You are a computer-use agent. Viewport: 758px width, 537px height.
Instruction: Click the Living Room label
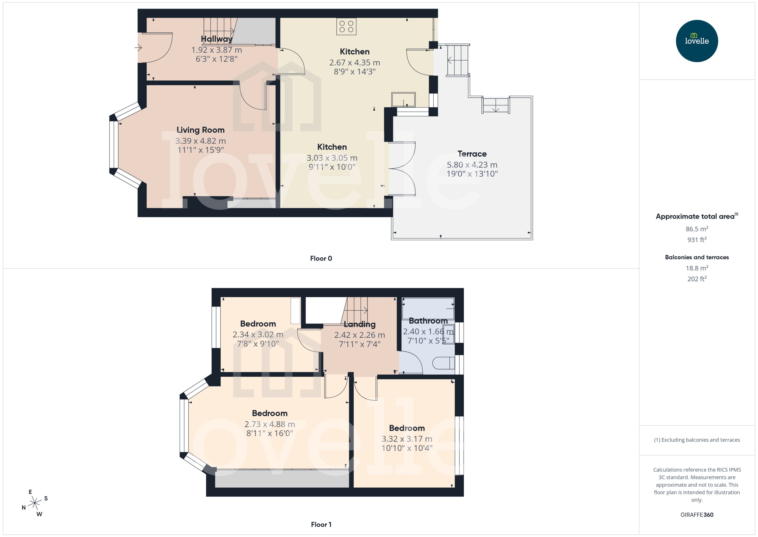(x=201, y=130)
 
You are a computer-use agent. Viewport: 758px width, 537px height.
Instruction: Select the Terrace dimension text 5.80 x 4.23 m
(x=472, y=165)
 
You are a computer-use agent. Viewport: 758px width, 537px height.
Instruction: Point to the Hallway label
(x=216, y=39)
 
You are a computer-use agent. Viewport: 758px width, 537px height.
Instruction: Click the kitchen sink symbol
(x=403, y=99)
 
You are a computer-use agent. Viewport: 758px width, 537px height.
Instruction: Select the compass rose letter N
(x=23, y=508)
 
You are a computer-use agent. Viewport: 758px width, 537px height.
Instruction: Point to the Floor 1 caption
(x=321, y=524)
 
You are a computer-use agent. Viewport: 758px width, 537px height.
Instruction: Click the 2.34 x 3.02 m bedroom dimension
(x=258, y=335)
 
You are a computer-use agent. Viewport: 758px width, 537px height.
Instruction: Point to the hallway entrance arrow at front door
(x=138, y=48)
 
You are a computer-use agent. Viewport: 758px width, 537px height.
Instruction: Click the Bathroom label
(x=428, y=321)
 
